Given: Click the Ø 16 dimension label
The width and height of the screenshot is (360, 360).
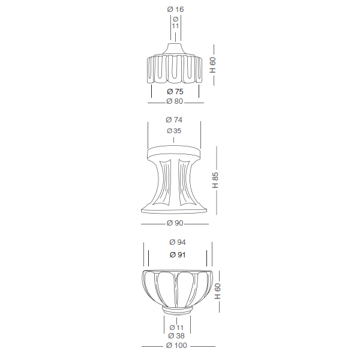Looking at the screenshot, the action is click(175, 10).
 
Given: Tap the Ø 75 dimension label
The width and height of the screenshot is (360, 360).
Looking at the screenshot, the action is click(175, 92).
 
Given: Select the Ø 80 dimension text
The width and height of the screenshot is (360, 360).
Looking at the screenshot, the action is click(175, 101).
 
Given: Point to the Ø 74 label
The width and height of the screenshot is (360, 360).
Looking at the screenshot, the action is click(174, 120).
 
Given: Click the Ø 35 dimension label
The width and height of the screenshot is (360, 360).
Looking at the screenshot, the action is click(174, 131).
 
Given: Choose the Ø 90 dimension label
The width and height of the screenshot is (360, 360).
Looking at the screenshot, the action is click(175, 223).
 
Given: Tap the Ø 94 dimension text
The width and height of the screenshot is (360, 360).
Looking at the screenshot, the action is click(178, 242).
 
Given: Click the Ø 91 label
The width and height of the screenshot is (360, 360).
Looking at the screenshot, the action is click(178, 255).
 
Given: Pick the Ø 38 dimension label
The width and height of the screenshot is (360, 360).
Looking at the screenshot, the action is click(176, 336).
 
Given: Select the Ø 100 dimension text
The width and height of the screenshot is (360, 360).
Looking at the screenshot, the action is click(176, 346).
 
